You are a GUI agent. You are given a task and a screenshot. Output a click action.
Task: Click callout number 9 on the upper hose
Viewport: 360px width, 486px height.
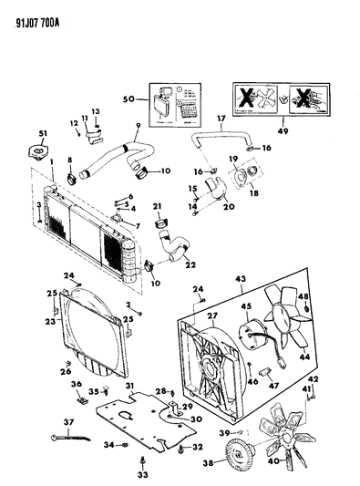tap(137, 126)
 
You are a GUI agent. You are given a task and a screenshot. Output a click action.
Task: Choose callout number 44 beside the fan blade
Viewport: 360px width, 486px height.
tap(304, 356)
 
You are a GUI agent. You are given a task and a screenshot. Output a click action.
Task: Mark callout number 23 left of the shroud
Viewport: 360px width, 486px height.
tap(49, 320)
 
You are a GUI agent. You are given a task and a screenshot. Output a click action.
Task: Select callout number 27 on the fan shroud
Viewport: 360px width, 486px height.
tap(215, 317)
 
